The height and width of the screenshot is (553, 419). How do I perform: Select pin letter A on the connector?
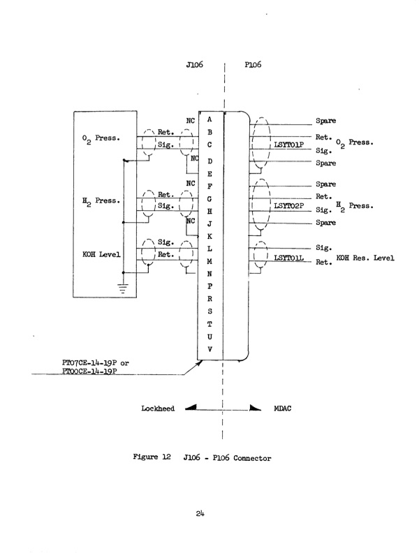click(209, 120)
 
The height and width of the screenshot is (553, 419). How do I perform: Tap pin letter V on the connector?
click(209, 350)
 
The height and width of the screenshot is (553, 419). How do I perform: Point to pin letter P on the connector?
click(209, 287)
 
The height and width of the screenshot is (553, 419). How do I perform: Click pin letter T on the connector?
click(209, 323)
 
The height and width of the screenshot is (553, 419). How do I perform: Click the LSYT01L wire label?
click(288, 258)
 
